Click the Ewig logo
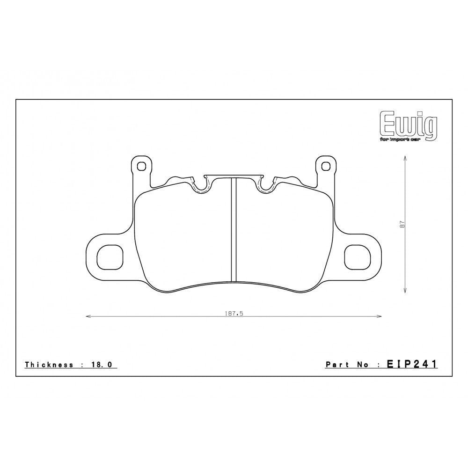[x=408, y=124]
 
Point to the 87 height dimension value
[x=402, y=225]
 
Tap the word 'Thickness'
[x=49, y=365]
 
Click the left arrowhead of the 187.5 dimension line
[x=87, y=317]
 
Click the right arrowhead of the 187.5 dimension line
[x=380, y=317]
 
